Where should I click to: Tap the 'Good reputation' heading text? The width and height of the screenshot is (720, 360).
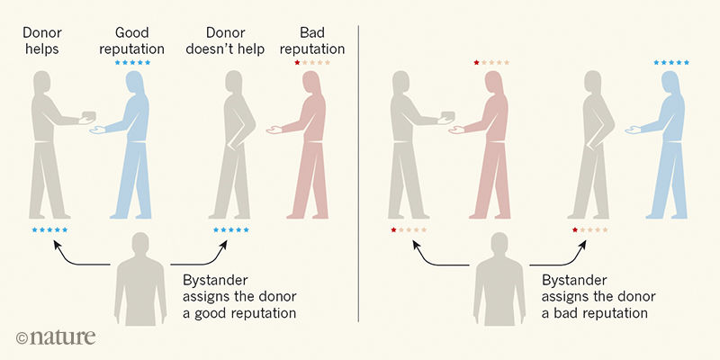[x=132, y=40]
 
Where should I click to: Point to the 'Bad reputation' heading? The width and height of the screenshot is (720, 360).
[x=312, y=40]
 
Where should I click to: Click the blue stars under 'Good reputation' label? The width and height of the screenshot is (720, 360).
[x=132, y=62]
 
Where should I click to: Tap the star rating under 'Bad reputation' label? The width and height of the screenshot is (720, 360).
[x=312, y=62]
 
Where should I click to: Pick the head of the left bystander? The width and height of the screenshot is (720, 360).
[x=139, y=245]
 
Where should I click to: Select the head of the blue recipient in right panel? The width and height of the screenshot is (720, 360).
[x=670, y=85]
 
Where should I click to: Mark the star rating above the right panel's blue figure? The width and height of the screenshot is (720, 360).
[x=671, y=62]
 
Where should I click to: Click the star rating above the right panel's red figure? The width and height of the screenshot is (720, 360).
[x=491, y=62]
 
